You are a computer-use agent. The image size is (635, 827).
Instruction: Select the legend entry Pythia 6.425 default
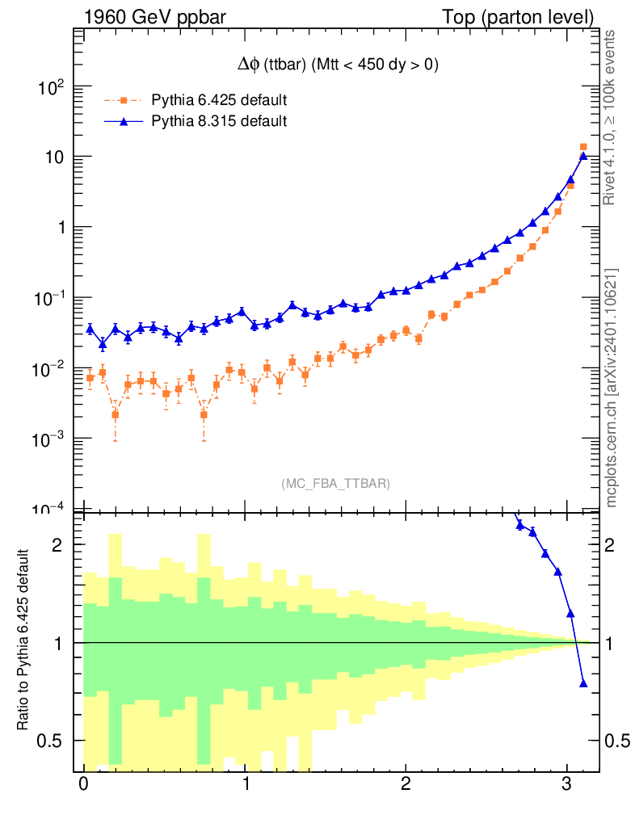click(219, 101)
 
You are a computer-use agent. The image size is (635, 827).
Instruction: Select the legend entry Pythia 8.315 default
click(219, 122)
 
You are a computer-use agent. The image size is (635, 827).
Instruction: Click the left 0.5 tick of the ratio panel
click(53, 741)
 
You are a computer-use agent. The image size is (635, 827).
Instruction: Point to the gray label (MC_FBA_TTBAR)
click(336, 484)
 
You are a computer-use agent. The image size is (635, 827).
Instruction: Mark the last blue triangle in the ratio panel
click(583, 684)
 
